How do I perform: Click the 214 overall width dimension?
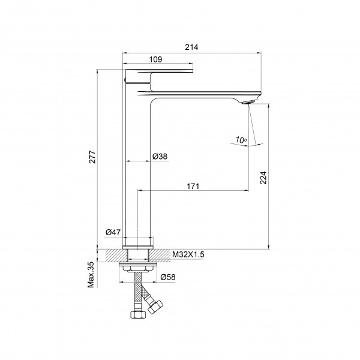191,47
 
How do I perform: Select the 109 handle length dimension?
155,59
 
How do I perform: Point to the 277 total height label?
92,157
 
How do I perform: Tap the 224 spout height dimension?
263,178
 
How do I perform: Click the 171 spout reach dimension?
193,186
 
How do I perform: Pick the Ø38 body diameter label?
160,157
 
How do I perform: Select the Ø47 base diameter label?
113,232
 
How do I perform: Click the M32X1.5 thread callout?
188,254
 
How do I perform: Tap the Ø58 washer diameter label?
168,277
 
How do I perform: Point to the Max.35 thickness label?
91,275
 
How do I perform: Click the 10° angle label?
241,140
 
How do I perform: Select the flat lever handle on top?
159,71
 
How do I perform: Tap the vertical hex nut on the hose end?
138,314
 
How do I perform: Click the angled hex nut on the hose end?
155,307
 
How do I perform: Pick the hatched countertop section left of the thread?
116,256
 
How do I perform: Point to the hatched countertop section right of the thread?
160,256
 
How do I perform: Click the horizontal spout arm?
200,94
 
